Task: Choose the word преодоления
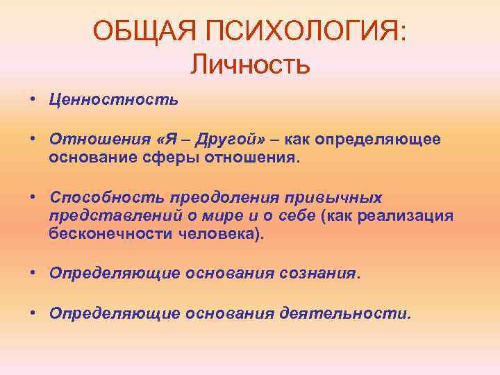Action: tap(210, 198)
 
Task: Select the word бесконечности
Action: tap(101, 234)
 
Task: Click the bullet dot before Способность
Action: tap(33, 198)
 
